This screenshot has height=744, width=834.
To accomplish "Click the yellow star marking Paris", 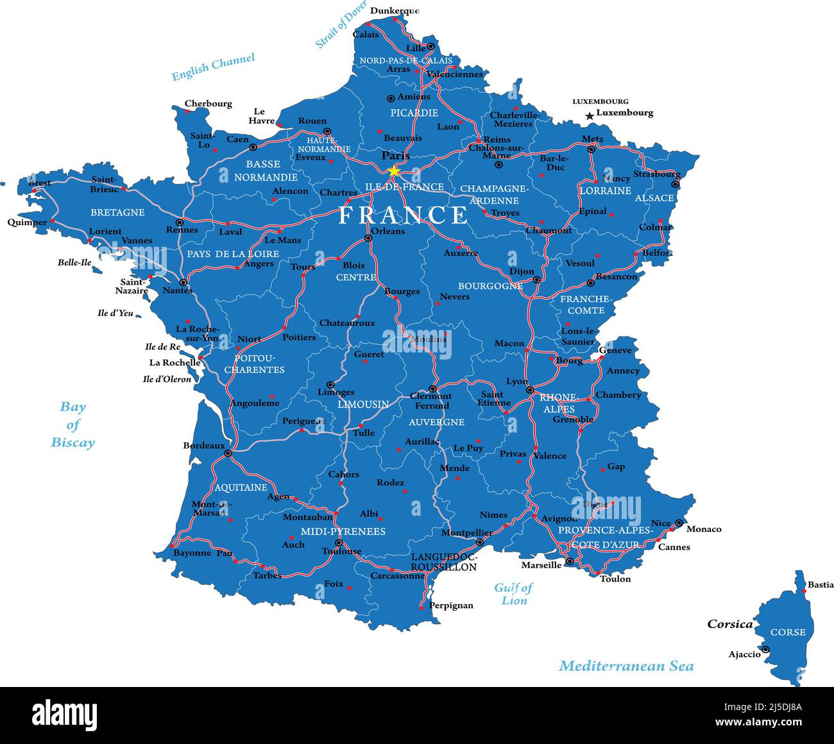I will [x=393, y=171].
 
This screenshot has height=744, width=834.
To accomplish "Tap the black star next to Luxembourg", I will [x=590, y=116].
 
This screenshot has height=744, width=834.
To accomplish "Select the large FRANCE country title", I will [x=404, y=215].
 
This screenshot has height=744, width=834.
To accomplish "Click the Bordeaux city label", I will [x=204, y=445].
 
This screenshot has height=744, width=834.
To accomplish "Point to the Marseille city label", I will [x=541, y=565].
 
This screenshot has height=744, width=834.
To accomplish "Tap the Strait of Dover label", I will [x=341, y=24].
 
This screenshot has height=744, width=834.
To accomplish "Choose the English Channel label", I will [x=213, y=67].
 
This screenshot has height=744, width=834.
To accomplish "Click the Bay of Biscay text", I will [x=73, y=424].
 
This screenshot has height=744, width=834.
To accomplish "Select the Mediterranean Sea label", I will [x=625, y=666].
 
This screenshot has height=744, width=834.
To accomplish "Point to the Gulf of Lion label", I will [x=513, y=594].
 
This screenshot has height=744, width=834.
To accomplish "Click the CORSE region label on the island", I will [x=788, y=632].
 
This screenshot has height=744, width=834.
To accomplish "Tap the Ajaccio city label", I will [x=744, y=654].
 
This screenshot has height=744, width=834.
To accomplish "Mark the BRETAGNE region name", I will [x=117, y=212].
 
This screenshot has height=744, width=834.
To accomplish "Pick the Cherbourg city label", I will [x=208, y=104].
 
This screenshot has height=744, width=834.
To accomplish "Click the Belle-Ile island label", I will [x=74, y=262].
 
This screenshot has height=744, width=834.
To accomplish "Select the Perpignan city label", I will [x=451, y=605].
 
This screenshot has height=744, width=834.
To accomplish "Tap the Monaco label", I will [x=704, y=529].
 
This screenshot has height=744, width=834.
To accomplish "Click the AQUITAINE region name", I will [x=241, y=487].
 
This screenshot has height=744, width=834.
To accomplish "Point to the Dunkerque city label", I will [x=395, y=10].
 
